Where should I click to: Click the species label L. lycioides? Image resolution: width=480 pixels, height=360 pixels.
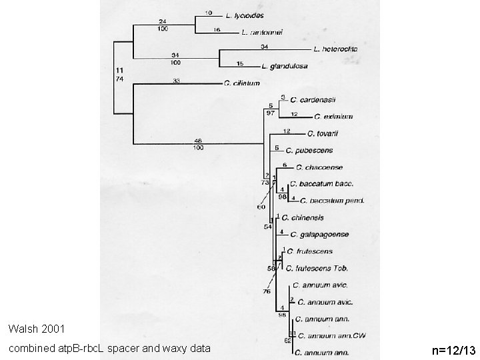(245, 14)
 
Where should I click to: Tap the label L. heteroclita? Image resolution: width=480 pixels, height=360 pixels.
(335, 49)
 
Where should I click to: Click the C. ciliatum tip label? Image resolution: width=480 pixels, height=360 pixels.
(242, 83)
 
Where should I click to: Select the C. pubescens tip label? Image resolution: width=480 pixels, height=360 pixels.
(311, 151)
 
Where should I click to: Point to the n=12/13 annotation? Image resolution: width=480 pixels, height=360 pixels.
(454, 349)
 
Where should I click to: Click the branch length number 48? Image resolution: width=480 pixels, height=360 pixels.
(197, 140)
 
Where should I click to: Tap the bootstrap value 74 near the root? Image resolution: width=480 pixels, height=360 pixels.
(119, 79)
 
